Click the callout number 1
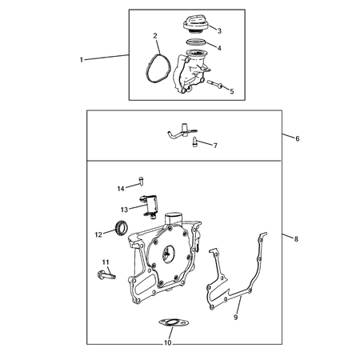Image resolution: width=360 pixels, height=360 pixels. click(82, 60)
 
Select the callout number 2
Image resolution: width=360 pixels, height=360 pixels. click(155, 36)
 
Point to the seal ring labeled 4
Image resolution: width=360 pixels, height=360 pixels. click(196, 42)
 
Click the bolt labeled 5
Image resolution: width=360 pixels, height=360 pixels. click(215, 84)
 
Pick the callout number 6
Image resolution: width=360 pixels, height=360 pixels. click(298, 138)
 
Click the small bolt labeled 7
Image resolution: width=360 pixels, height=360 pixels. click(194, 142)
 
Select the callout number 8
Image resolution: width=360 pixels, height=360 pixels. click(296, 239)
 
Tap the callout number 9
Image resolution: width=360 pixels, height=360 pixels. click(235, 318)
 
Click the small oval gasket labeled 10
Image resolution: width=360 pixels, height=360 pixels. click(174, 323)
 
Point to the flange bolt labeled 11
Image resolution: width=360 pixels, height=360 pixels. click(106, 274)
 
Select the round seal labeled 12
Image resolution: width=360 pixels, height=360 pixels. click(122, 228)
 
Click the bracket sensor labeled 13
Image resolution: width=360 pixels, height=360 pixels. click(150, 206)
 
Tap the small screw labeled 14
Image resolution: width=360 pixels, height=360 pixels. click(141, 181)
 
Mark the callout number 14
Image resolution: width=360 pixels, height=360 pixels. click(121, 189)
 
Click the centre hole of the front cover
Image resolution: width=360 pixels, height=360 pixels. click(168, 254)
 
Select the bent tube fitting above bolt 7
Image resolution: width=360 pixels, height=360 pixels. click(182, 131)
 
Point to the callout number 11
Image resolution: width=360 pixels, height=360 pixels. click(106, 262)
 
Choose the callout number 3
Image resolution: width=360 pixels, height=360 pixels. click(219, 31)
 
